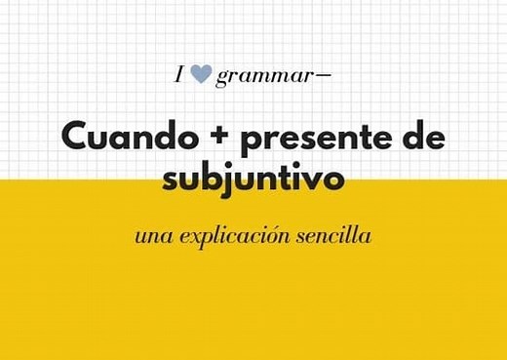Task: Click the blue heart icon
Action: [x=201, y=73]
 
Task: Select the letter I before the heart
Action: [x=179, y=73]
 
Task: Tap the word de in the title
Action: [x=422, y=138]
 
